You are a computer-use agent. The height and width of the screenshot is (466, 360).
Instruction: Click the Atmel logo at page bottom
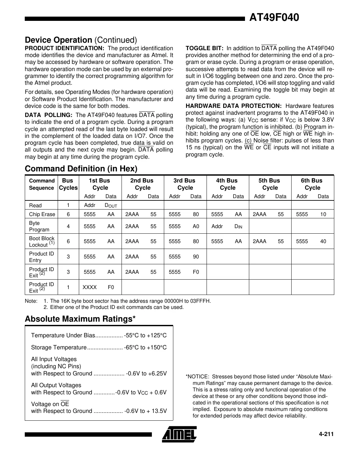coord(179,434)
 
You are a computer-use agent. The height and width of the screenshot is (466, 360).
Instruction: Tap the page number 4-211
coord(326,434)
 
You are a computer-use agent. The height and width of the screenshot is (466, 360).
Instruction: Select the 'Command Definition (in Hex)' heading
coord(81,168)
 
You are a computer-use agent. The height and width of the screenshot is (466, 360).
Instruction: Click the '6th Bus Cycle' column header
coord(312,184)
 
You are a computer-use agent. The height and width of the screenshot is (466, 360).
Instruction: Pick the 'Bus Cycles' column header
coord(68,184)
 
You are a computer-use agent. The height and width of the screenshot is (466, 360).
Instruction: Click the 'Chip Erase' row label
coord(42,214)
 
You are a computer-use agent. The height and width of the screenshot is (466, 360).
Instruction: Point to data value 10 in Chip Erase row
coord(323,214)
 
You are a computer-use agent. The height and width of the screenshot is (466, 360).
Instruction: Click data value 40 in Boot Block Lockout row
coord(323,241)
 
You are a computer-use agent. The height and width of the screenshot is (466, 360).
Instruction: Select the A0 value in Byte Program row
coord(195,226)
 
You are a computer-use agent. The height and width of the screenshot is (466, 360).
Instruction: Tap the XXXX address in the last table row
coord(90,287)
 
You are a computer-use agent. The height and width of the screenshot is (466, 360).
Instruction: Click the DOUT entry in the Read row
coord(110,206)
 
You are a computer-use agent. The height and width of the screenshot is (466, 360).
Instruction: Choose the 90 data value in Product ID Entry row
coord(195,256)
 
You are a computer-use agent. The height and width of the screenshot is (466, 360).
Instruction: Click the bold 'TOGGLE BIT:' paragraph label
coord(204,48)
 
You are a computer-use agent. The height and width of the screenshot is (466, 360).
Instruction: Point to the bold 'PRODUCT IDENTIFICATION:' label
coord(64,48)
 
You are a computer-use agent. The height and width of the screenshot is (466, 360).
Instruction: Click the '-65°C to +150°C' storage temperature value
coord(145,347)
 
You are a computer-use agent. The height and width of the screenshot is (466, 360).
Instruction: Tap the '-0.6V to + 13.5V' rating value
coord(145,411)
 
